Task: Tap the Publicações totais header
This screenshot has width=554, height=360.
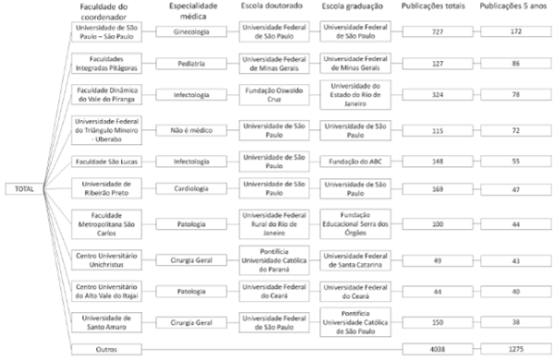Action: point(434,7)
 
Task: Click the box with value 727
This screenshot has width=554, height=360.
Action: point(433,31)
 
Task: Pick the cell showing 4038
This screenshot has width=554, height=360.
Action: point(433,349)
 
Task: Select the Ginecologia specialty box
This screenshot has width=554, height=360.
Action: point(192,31)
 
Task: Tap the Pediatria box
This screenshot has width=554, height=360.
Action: point(192,64)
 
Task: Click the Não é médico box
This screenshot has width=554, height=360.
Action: point(192,127)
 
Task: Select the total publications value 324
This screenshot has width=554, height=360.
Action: point(433,95)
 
